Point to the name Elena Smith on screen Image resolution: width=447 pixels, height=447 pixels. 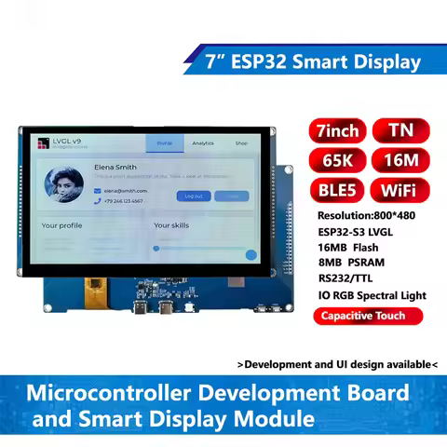click(x=115, y=168)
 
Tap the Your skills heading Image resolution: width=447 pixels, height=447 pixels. click(x=171, y=225)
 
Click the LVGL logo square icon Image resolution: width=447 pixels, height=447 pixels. click(x=42, y=142)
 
